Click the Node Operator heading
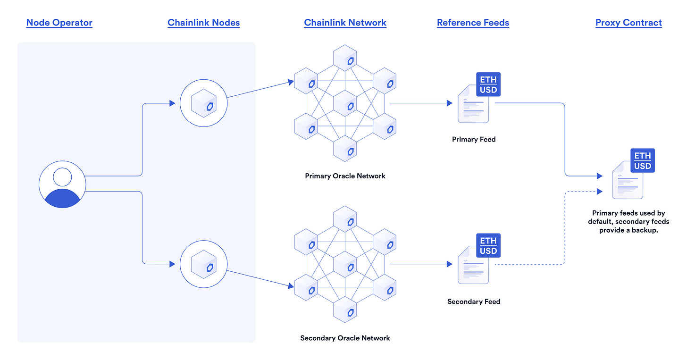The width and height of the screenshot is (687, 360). [x=59, y=23]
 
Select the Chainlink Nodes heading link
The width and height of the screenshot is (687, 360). [x=203, y=23]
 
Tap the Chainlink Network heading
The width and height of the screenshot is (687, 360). [x=345, y=23]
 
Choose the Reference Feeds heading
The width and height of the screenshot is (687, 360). [x=473, y=23]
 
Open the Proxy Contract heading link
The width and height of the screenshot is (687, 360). [x=628, y=23]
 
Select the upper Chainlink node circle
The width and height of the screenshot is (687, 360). [x=203, y=103]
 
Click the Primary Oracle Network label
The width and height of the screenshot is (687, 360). [x=345, y=176]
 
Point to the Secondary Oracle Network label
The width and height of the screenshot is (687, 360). [x=345, y=338]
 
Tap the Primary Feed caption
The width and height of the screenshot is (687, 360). [x=474, y=139]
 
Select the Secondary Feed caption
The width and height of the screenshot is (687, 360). [x=474, y=301]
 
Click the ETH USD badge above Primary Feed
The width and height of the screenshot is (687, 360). [x=488, y=85]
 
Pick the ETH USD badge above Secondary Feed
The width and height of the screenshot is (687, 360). [x=488, y=246]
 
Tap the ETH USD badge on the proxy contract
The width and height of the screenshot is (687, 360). [x=642, y=161]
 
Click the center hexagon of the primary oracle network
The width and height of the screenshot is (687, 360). [x=345, y=103]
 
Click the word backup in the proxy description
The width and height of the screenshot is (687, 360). [x=645, y=230]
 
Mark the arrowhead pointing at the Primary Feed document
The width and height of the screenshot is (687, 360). [x=449, y=103]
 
